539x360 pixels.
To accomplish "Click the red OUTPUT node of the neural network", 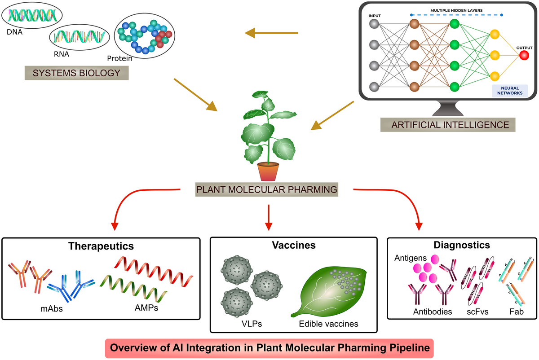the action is [x=524, y=56].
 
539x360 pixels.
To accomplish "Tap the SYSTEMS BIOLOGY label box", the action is [x=76, y=73].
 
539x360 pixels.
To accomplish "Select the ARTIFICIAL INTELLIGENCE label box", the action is [x=448, y=125].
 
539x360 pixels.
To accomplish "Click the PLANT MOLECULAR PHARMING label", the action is [x=267, y=189].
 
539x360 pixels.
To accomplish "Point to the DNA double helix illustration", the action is [x=32, y=15].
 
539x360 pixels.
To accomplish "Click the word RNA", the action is [x=62, y=54].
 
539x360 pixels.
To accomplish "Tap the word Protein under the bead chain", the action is [x=119, y=58].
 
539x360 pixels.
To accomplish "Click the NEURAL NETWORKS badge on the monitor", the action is [x=510, y=91].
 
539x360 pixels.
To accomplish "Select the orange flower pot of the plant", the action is [x=268, y=171].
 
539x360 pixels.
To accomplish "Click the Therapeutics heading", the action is [x=101, y=246].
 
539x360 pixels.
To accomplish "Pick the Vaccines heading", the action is [x=294, y=245].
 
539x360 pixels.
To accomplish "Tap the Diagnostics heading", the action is [x=462, y=245].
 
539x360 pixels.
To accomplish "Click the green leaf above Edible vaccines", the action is [x=330, y=292].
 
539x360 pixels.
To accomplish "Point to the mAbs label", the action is [x=52, y=308].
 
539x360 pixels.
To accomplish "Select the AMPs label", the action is [x=146, y=307].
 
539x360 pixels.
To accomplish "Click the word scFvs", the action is [x=477, y=312].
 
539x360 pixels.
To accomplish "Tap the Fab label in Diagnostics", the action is [x=517, y=312].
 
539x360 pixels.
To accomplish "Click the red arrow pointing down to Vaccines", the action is [x=269, y=218].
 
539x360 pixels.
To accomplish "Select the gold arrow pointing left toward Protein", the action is [x=271, y=33].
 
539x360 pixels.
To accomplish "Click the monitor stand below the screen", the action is [x=448, y=108].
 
